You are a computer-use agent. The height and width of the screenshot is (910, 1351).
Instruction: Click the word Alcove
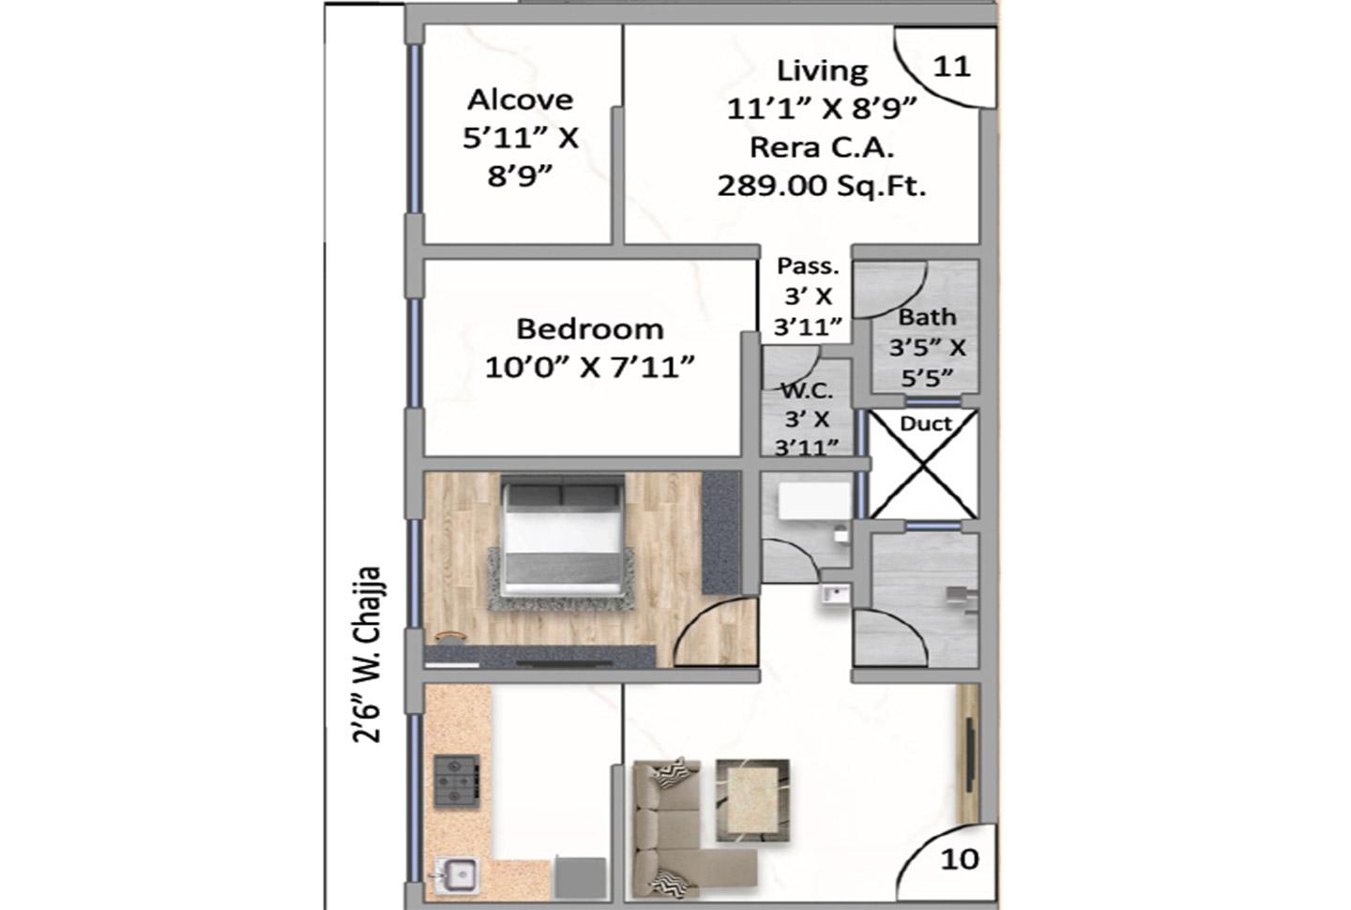(x=520, y=99)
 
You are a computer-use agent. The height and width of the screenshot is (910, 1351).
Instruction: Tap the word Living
(x=822, y=70)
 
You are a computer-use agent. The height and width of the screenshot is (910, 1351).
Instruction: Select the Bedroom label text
(x=590, y=329)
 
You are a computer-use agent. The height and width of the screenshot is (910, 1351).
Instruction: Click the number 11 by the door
(x=951, y=67)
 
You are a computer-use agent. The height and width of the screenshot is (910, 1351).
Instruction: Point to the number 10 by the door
(x=960, y=860)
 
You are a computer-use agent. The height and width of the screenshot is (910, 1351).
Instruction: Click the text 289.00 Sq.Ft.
(x=822, y=186)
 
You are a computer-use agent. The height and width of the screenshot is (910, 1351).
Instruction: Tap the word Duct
(x=926, y=424)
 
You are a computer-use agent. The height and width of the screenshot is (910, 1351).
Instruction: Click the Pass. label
(x=808, y=265)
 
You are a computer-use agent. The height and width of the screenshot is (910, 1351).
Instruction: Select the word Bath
(x=928, y=317)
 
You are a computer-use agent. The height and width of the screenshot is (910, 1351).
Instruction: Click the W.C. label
(x=807, y=391)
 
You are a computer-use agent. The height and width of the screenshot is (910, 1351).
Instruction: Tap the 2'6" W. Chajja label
(x=366, y=654)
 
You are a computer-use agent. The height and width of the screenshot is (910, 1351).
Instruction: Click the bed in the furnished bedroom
(x=563, y=536)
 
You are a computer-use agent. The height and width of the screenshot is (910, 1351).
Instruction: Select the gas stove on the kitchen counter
(x=457, y=781)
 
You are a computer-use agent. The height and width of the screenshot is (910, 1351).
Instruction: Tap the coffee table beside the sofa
(x=752, y=800)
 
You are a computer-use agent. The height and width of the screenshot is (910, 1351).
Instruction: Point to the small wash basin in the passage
(x=835, y=595)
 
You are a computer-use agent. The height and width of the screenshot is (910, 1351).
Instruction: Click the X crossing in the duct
(x=923, y=465)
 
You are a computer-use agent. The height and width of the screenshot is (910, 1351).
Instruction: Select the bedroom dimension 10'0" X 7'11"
(x=589, y=367)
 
